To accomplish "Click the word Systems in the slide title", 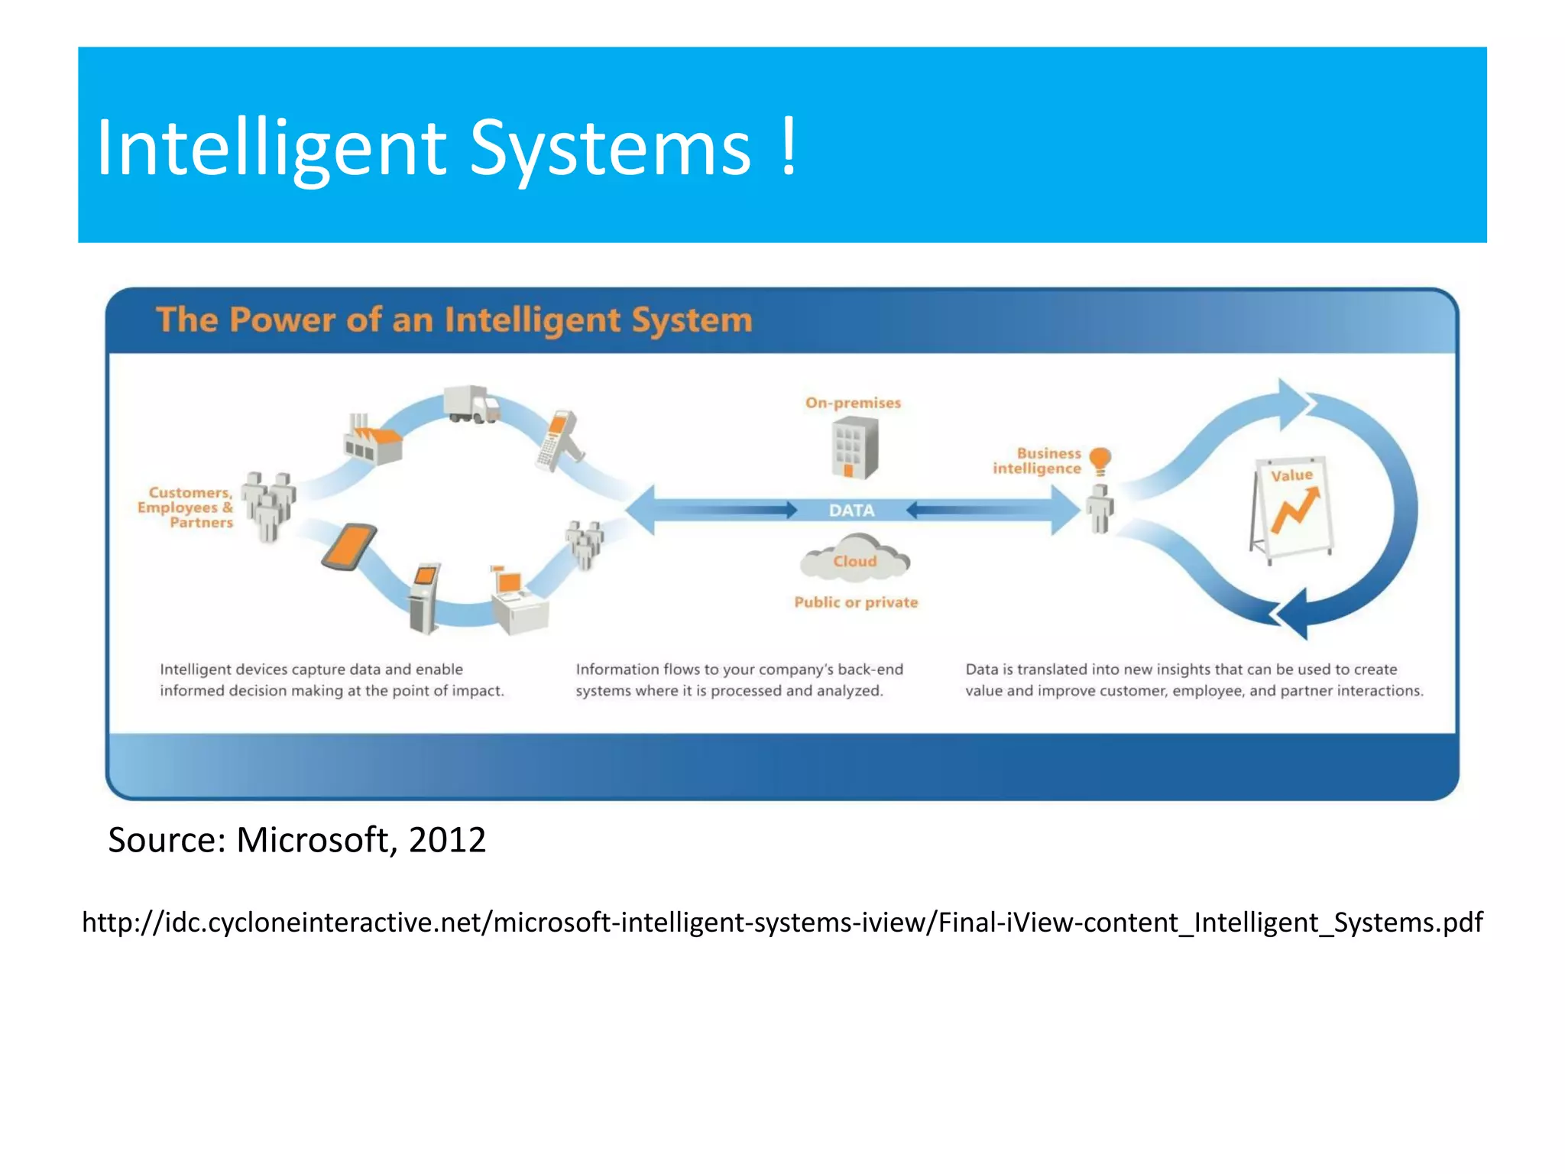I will click(610, 149).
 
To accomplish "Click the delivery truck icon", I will click(471, 404).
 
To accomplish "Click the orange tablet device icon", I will click(349, 546).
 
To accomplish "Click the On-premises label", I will click(853, 403).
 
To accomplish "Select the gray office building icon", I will click(854, 449).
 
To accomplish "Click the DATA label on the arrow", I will click(851, 510).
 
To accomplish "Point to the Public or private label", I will click(855, 602).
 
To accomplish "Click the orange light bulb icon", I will click(1100, 461).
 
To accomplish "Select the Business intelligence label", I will click(1037, 461).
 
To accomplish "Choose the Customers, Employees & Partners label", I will click(186, 508).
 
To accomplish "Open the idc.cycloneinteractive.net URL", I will click(782, 923).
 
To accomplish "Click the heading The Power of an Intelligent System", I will click(454, 320).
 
